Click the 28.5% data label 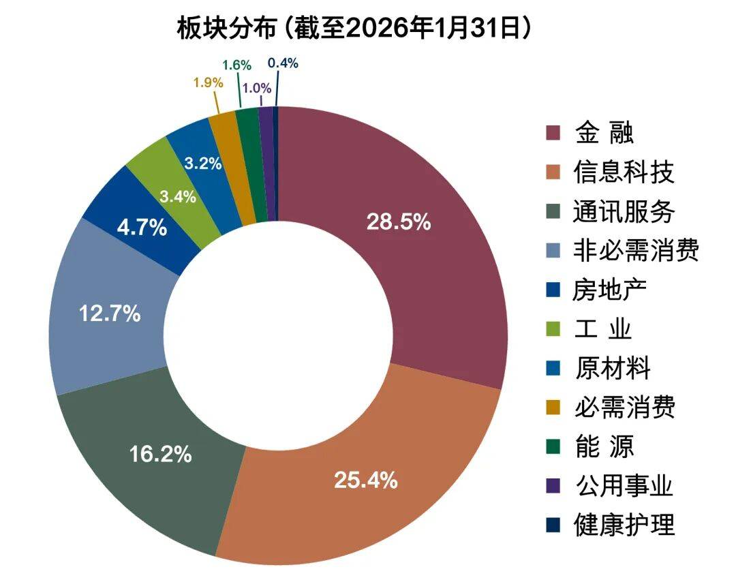(399, 221)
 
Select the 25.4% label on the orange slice (366, 480)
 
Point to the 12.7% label (110, 314)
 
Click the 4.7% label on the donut (142, 227)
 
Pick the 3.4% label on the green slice (178, 197)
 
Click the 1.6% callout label (237, 65)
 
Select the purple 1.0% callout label (257, 88)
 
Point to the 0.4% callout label (283, 63)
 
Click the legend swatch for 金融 (553, 132)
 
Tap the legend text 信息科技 (624, 172)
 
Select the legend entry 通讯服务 (624, 211)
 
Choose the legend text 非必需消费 (636, 251)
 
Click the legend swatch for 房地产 (553, 290)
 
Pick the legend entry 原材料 (613, 369)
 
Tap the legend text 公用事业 (624, 487)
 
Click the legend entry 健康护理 (624, 525)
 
